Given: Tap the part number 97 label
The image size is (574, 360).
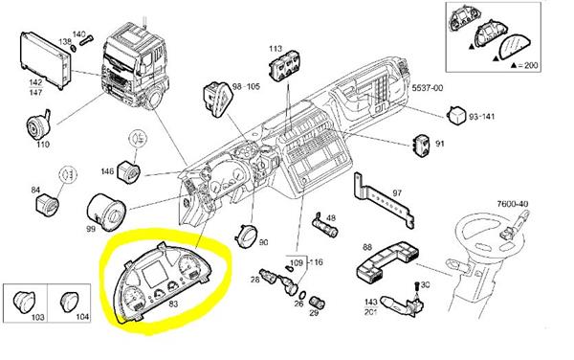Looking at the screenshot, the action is click(397, 192).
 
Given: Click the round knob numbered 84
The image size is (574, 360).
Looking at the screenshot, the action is click(42, 205).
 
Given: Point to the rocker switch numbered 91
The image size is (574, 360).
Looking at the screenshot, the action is click(421, 145).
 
